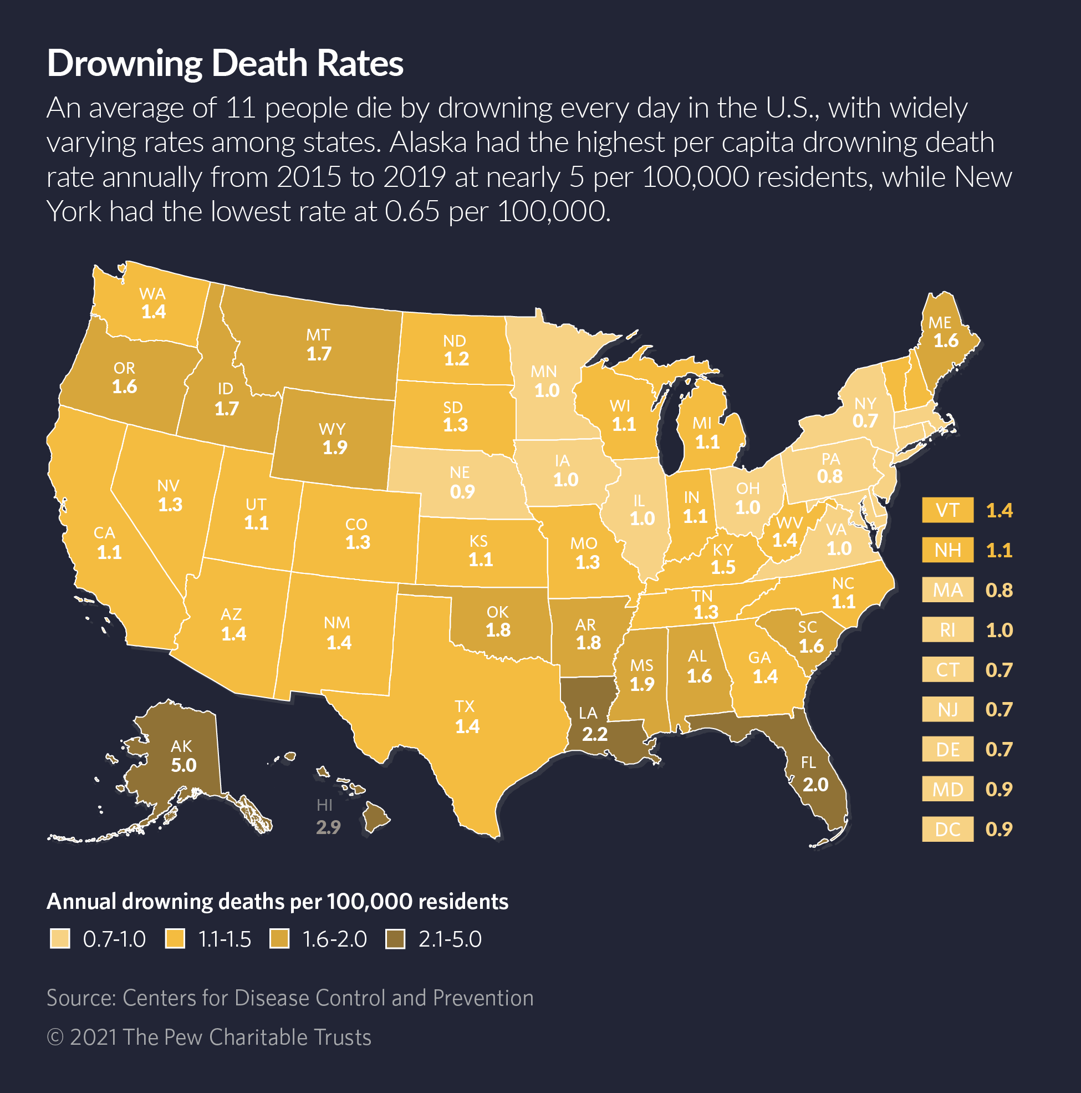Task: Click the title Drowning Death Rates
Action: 225,63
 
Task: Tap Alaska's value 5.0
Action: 184,765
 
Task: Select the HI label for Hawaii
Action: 324,805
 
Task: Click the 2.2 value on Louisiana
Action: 594,734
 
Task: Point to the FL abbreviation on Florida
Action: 808,762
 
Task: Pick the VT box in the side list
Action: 947,510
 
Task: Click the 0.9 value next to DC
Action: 998,830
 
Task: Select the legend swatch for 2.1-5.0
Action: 395,940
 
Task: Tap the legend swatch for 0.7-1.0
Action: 60,940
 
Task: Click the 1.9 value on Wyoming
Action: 335,448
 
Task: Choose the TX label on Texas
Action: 465,706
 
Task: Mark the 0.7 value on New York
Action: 865,421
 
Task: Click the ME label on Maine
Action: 940,323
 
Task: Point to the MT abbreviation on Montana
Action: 318,335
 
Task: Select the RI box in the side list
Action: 947,629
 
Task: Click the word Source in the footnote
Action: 80,998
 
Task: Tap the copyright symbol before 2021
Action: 55,1038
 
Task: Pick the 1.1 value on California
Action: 109,552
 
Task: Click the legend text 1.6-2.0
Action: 334,940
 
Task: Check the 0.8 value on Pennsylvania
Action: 830,476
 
